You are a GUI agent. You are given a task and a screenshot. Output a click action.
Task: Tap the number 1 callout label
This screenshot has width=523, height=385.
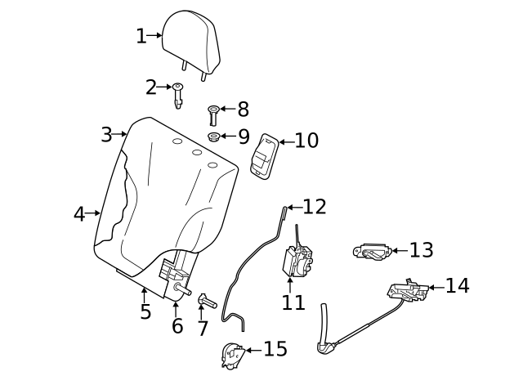(x=141, y=36)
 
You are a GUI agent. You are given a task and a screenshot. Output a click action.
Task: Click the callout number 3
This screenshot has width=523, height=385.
(x=106, y=134)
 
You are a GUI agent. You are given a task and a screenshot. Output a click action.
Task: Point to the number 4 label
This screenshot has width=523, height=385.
(x=79, y=214)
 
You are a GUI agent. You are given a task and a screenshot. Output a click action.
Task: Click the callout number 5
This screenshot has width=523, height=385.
(x=145, y=311)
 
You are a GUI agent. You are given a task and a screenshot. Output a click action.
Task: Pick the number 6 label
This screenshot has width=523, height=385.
(x=177, y=325)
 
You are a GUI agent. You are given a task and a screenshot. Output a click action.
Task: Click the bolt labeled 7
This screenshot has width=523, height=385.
(x=206, y=303)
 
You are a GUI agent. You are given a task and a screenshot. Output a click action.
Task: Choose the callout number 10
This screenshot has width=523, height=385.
(x=306, y=141)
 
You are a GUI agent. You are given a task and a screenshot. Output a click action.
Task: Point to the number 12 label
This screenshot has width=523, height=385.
(x=315, y=207)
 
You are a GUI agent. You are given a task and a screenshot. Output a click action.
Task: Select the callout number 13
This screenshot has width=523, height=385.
(x=421, y=250)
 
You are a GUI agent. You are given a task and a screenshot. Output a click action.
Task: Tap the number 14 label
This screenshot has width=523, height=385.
(x=458, y=286)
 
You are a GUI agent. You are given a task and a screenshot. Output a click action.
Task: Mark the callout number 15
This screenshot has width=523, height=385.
(x=275, y=350)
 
